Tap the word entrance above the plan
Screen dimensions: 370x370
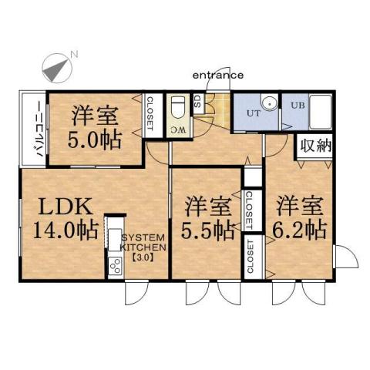click(x=217, y=75)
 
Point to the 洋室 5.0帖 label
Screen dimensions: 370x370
click(x=94, y=128)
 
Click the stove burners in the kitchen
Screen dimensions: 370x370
click(x=114, y=267)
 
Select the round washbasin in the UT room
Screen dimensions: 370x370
click(x=268, y=103)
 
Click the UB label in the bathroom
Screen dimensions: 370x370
click(x=297, y=105)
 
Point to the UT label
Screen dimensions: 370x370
click(x=253, y=113)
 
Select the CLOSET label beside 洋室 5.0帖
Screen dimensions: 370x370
click(x=150, y=113)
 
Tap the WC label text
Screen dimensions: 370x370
click(x=177, y=128)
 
